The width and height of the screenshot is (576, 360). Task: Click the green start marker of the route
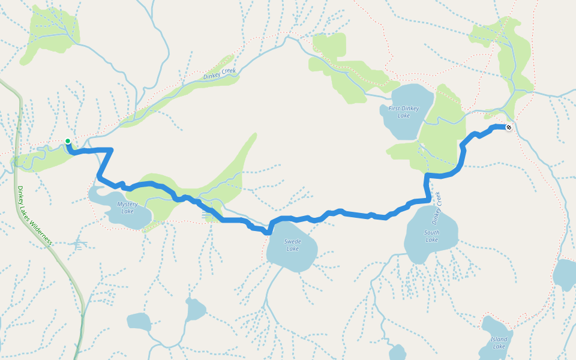click(x=68, y=141)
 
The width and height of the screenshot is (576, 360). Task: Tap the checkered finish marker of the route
click(x=509, y=127)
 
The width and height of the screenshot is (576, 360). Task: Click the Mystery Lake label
click(x=127, y=208)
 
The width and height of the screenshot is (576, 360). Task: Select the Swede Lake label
click(x=292, y=245)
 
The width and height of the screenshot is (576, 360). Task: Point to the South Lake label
click(x=431, y=236)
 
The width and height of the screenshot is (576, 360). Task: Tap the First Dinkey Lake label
click(x=404, y=112)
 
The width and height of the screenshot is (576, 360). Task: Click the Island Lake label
click(x=499, y=343)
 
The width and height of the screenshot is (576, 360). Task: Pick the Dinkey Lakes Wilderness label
click(x=35, y=215)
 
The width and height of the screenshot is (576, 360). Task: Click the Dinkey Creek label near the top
click(x=220, y=74)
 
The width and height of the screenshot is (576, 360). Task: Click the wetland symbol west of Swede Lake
click(x=207, y=215)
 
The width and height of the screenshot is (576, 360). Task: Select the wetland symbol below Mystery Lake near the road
click(x=79, y=244)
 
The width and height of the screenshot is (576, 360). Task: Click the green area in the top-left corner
click(x=51, y=33)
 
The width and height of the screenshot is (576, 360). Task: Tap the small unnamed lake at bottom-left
click(x=139, y=322)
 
